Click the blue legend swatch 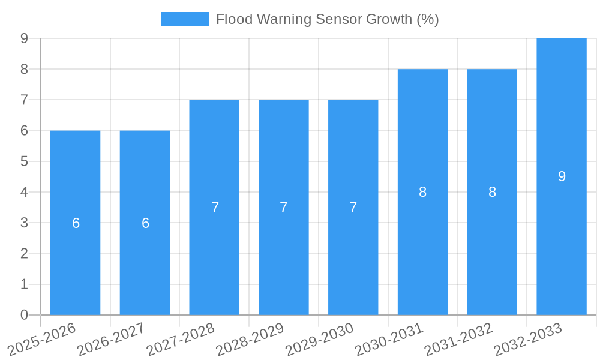point(184,19)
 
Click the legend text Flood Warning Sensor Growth point(327,19)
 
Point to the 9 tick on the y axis point(24,38)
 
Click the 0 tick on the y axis point(24,315)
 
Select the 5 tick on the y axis point(24,161)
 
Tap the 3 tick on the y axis point(24,223)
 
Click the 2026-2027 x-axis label point(112,339)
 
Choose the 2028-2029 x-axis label point(250,339)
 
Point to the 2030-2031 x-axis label point(389,339)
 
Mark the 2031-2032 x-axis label point(459,339)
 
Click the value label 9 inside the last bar point(562,176)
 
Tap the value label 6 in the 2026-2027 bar point(145,223)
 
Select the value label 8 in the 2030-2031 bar point(422,192)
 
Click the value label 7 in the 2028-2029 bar point(284,208)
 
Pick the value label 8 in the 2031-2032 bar point(492,192)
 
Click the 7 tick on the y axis point(24,100)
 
